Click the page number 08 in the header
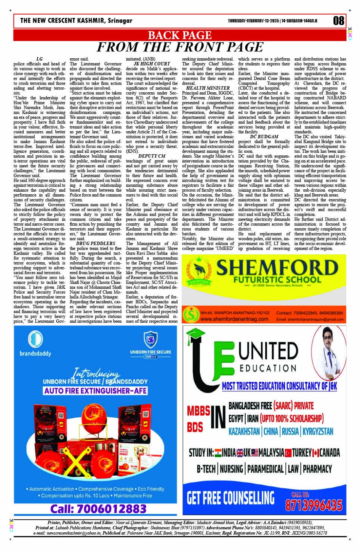pos(338,21)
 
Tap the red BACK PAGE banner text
pos(179,35)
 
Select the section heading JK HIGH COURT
pos(152,64)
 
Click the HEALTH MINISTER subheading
pos(208,88)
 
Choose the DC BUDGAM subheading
pos(264,136)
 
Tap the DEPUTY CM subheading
pos(152,156)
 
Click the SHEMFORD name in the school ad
pos(277,267)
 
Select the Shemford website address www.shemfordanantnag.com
pos(234,319)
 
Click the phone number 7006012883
pos(98,509)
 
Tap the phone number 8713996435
pos(314,505)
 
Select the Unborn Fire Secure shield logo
pos(150,339)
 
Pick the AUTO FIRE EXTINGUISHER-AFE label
pos(95,391)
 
